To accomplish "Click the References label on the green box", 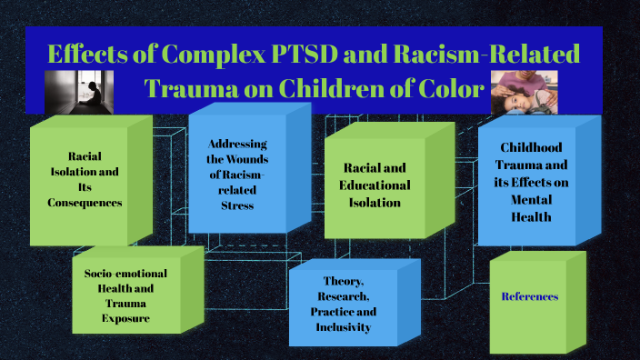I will point(530,296).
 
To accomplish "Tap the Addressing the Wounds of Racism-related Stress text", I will point(237,175).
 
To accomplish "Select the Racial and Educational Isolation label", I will point(377,185).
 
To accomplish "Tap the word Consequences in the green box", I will point(85,203).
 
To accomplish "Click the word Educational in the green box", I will point(377,185).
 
